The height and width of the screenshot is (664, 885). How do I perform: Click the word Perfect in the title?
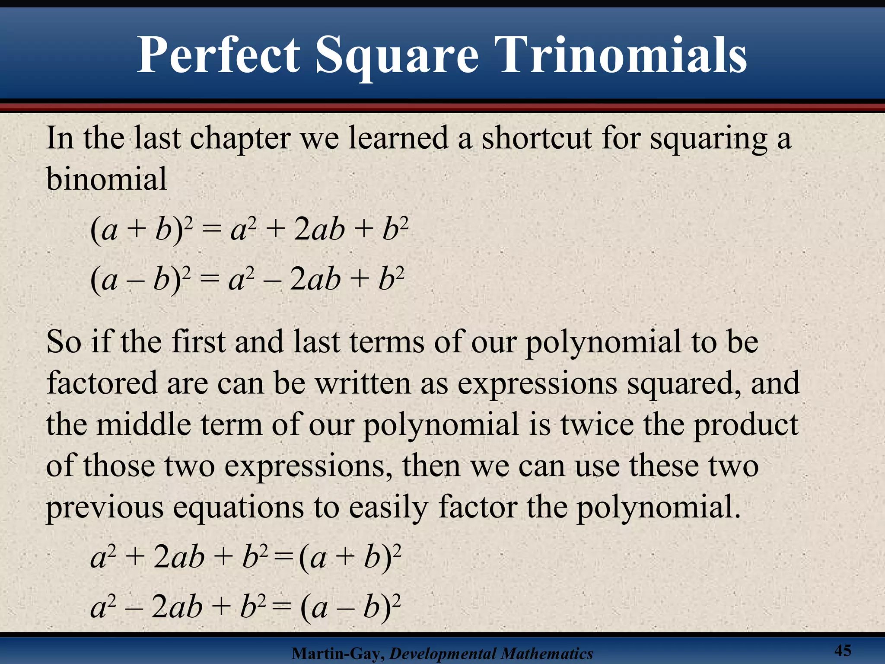click(218, 55)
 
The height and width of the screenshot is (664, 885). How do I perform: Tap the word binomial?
click(106, 179)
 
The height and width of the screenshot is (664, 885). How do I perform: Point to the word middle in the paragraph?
click(143, 424)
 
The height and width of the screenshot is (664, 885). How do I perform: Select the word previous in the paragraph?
click(105, 508)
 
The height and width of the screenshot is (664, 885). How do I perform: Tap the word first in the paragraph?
click(198, 342)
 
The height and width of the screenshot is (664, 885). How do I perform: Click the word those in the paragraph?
click(119, 466)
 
